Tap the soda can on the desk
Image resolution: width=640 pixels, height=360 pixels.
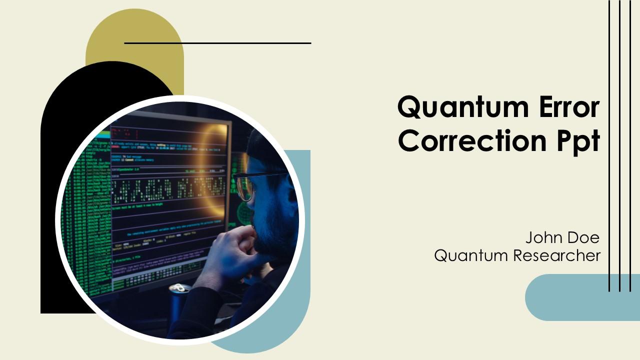coord(179,295)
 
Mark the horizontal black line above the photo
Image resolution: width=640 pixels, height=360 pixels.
coord(217,43)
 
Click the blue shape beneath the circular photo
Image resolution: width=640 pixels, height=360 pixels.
coord(280,330)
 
